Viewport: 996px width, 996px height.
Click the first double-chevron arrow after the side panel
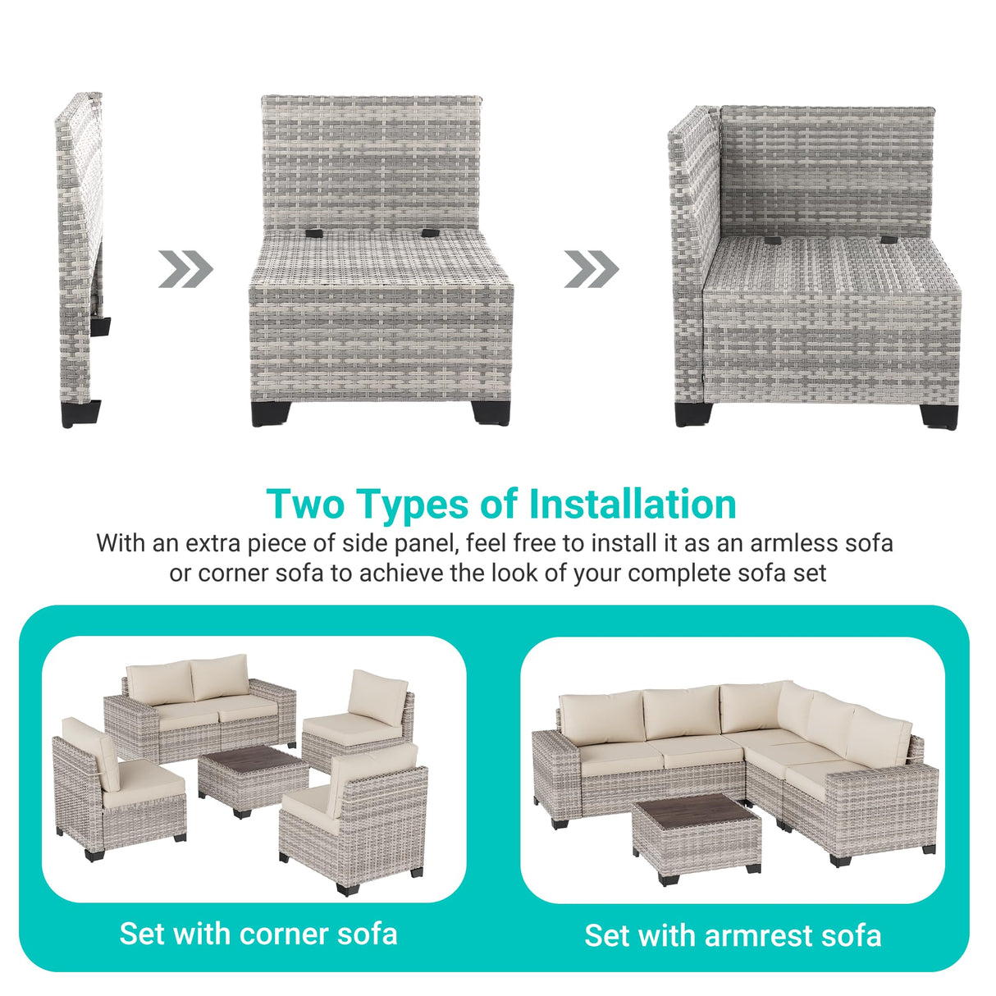coord(185,269)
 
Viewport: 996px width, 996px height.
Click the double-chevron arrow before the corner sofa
coord(592,269)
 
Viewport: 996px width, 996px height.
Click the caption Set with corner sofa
coord(258,934)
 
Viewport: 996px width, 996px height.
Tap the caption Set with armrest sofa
coord(733,935)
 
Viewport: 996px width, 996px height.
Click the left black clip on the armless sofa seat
coord(314,234)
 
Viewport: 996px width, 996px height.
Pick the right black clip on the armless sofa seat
coord(429,234)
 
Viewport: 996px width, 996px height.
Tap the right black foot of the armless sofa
coord(491,413)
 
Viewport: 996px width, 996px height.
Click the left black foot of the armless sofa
coord(272,413)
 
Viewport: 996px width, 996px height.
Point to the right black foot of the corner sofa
coord(939,416)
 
